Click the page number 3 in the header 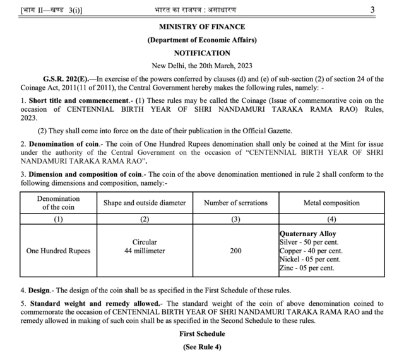pos(372,9)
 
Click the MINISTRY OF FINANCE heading pos(202,27)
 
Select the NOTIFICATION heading pos(202,53)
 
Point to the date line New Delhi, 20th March pos(202,66)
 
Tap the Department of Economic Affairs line pos(202,40)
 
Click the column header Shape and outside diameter pos(145,203)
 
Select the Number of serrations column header pos(235,203)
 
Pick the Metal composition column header pos(331,203)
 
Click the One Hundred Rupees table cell pos(58,251)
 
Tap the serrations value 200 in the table pos(235,251)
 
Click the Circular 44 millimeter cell pos(145,246)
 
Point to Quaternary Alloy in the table pos(308,234)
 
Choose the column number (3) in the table pos(235,219)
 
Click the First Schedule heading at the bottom pos(202,333)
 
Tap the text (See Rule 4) pos(202,346)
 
